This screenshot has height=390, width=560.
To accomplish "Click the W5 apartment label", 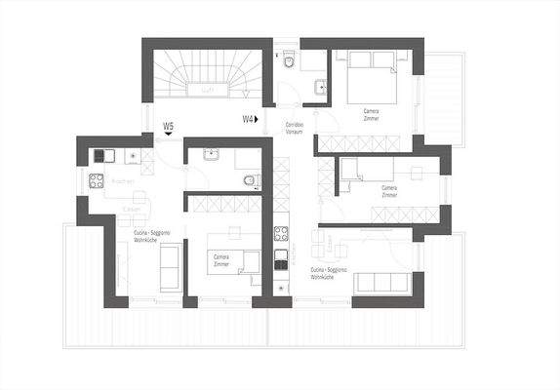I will (169, 126).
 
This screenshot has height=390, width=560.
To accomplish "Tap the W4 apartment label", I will (248, 119).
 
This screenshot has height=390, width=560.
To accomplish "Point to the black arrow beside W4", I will (259, 119).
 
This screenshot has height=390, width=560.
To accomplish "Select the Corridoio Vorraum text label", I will (295, 129).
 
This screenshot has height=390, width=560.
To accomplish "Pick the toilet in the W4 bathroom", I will (292, 63).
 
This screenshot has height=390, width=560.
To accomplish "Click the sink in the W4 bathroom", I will (320, 87).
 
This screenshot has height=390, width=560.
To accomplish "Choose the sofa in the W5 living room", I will (168, 267).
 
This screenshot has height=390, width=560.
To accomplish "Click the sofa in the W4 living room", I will (382, 283).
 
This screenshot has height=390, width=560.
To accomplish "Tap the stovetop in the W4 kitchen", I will (282, 234).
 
